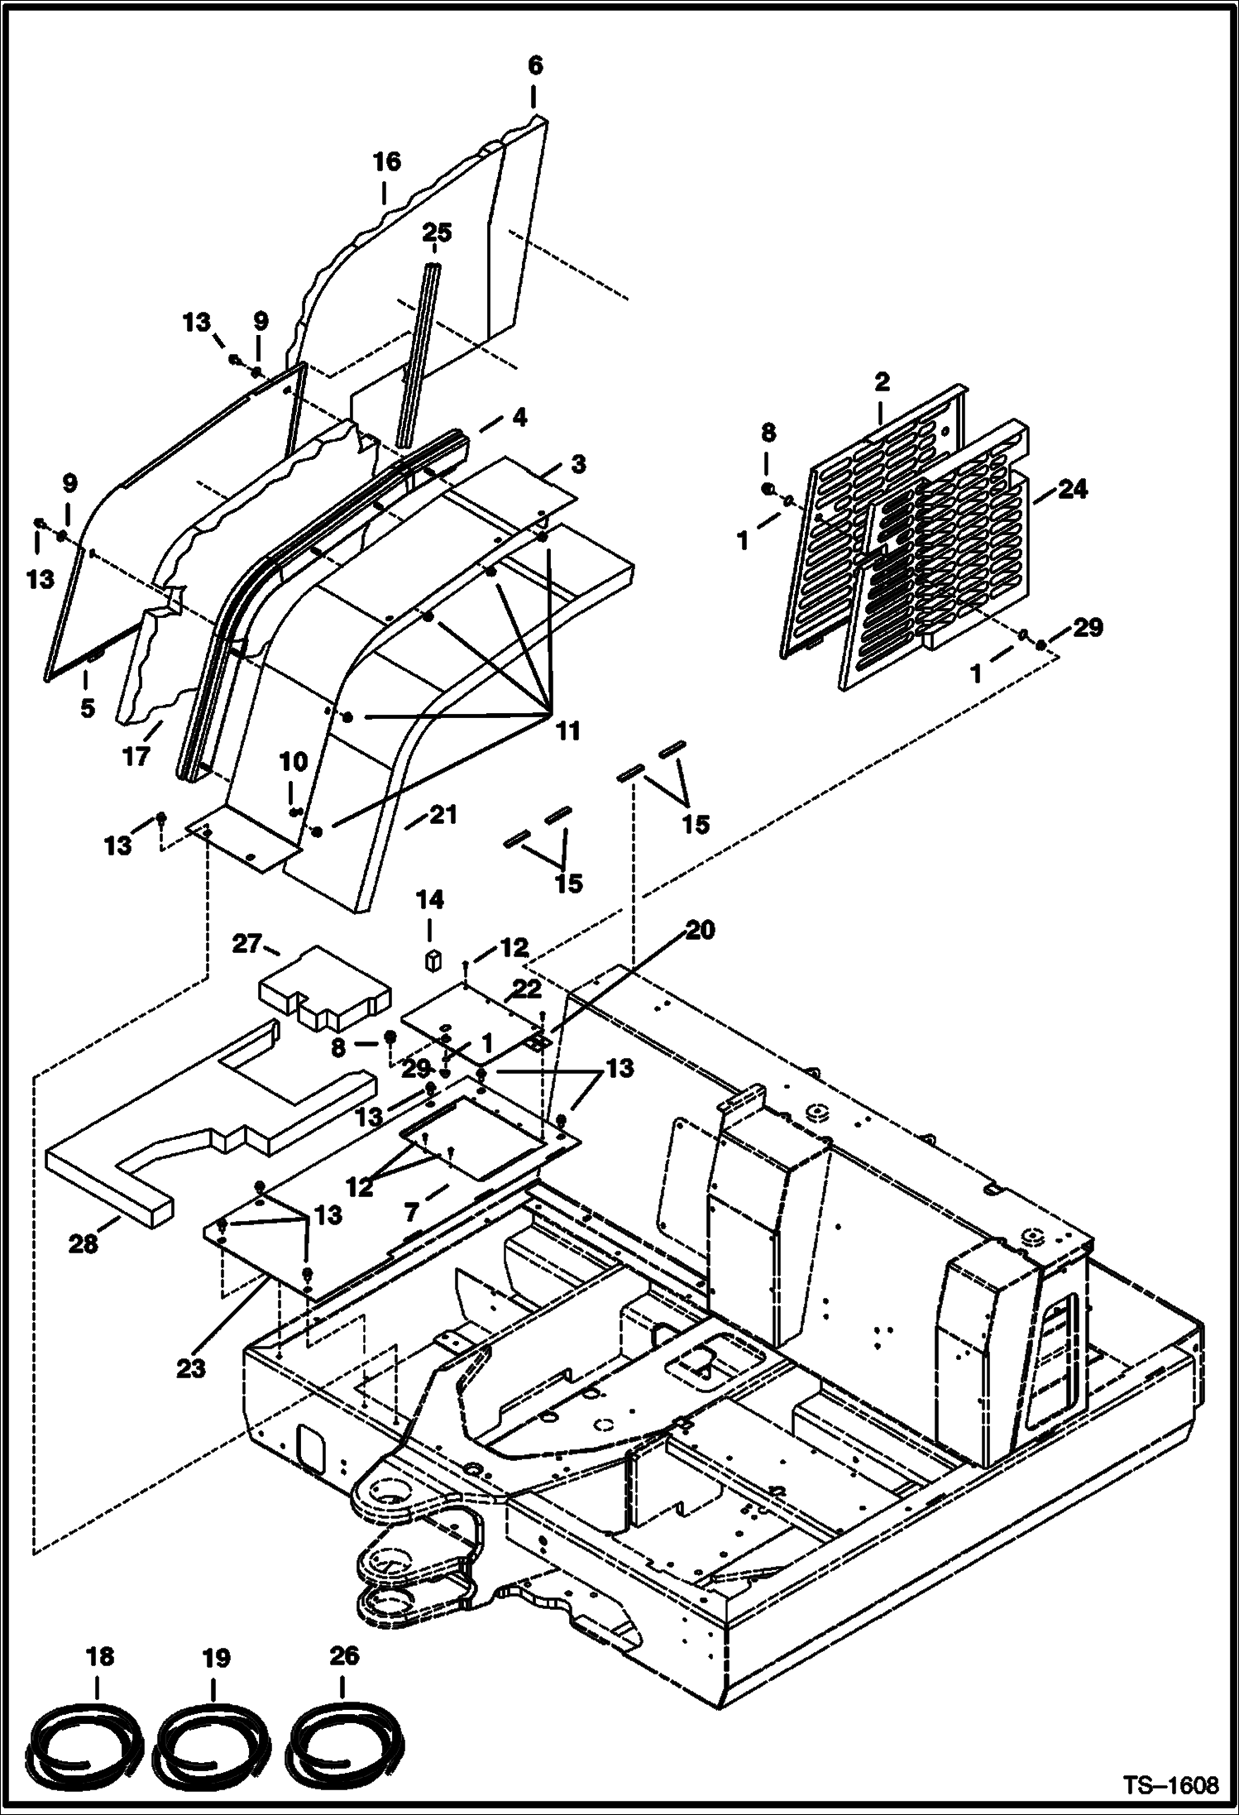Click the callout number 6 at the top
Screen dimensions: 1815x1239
[x=535, y=66]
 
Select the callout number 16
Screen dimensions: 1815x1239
[x=386, y=161]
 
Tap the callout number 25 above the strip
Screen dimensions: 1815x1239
[x=437, y=233]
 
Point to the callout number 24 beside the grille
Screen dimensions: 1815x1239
[x=1073, y=490]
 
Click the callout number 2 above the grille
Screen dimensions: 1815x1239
[x=882, y=382]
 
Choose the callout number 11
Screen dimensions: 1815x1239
[x=567, y=731]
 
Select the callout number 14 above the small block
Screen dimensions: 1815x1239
[x=429, y=900]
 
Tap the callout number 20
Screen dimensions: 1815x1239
[x=699, y=931]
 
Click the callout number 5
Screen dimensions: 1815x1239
[x=88, y=708]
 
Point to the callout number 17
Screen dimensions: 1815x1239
[x=136, y=755]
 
